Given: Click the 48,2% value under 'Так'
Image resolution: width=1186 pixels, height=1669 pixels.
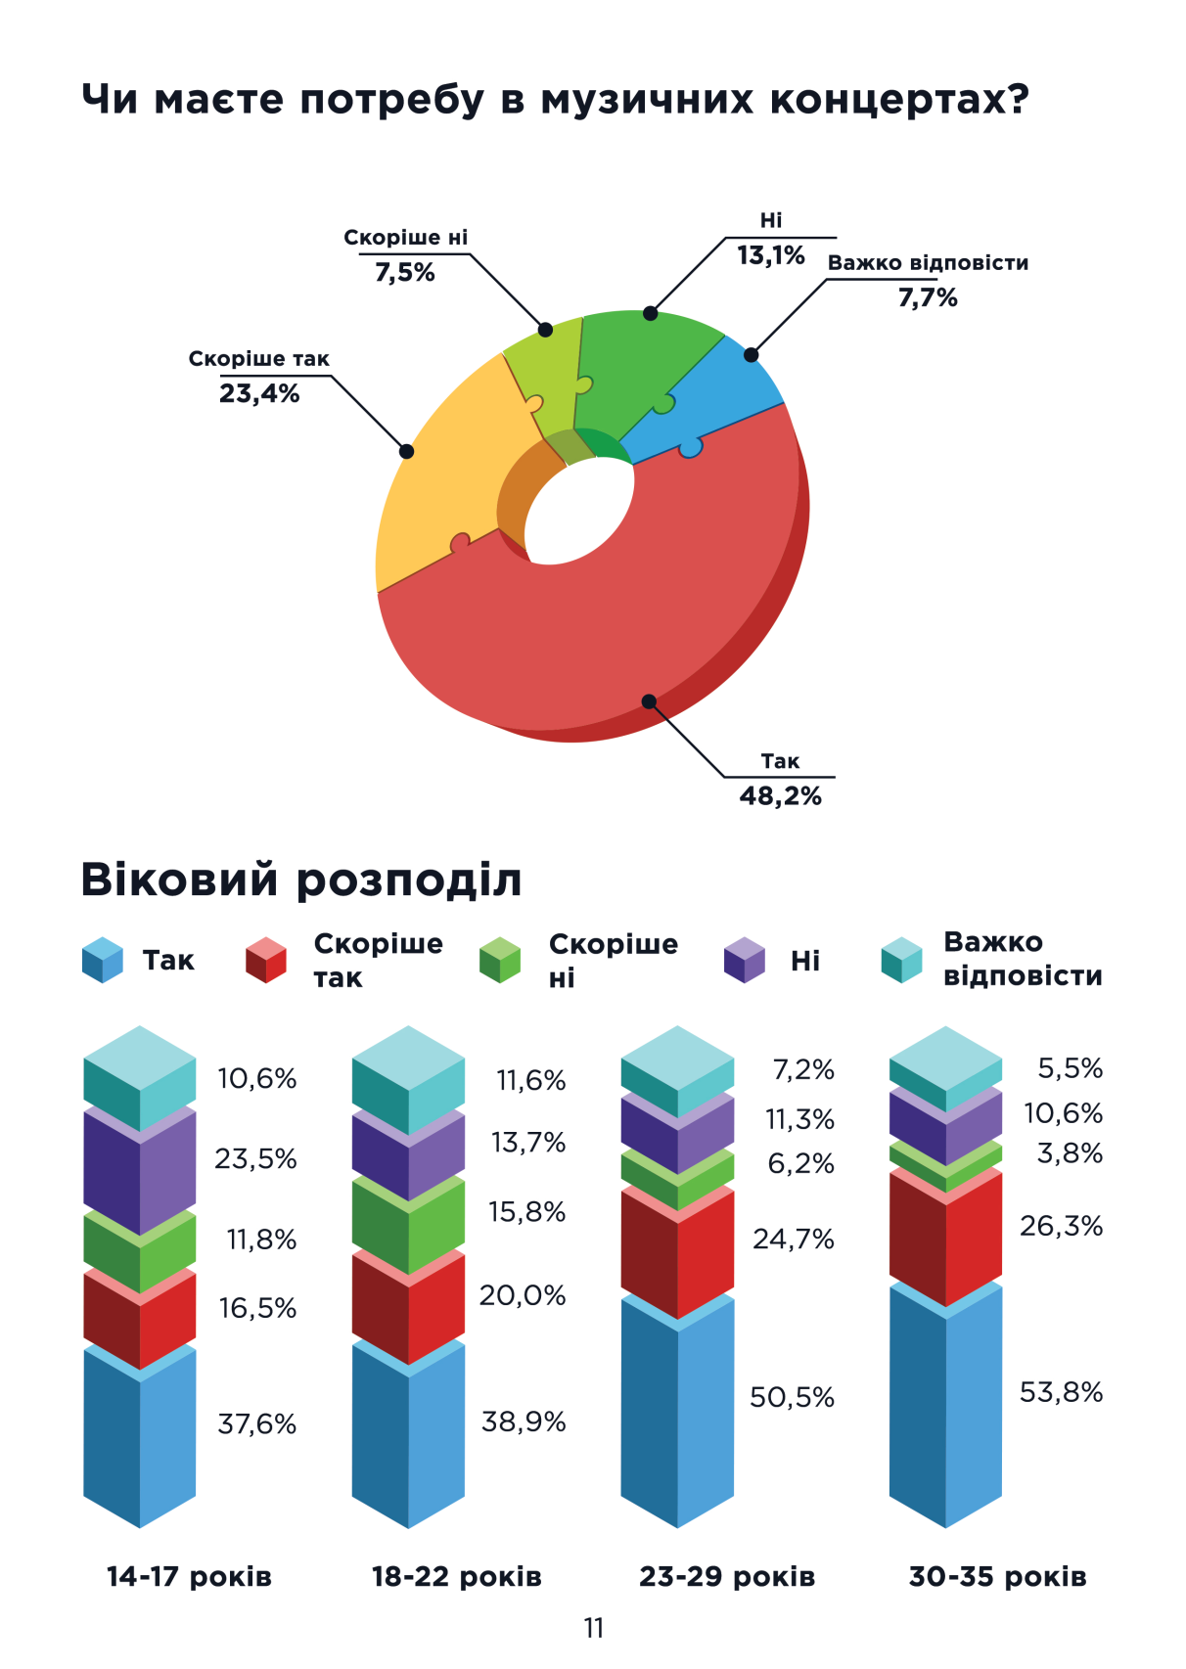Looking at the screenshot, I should pos(780,796).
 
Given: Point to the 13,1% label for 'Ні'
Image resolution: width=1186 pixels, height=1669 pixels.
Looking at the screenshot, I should pos(770,256).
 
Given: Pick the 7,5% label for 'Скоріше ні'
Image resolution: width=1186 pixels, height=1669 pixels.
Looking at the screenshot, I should pos(404,273).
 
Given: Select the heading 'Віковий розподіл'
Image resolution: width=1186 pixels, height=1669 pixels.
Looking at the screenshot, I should pos(300,879).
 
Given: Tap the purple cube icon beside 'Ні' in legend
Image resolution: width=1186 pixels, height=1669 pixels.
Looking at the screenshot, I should pos(744,960).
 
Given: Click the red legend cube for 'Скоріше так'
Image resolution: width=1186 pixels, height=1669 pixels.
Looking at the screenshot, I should pos(265,960).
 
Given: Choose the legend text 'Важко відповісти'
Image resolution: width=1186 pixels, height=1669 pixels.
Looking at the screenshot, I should pos(1022,959).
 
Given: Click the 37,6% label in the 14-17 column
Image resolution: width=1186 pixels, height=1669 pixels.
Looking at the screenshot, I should pos(256,1423).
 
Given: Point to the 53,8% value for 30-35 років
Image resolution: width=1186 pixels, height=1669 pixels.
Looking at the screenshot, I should pos(1061,1392).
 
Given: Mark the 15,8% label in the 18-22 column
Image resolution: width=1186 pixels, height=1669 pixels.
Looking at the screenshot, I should pos(526,1212).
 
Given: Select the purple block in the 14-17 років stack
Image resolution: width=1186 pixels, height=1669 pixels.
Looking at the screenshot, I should pos(139,1169).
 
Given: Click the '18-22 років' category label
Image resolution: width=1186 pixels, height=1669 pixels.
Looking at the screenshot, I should pos(456,1577).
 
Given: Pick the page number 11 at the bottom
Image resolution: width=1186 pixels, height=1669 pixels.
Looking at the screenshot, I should pos(593,1628).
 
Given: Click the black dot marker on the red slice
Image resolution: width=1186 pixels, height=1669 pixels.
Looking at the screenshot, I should pos(649,700).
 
